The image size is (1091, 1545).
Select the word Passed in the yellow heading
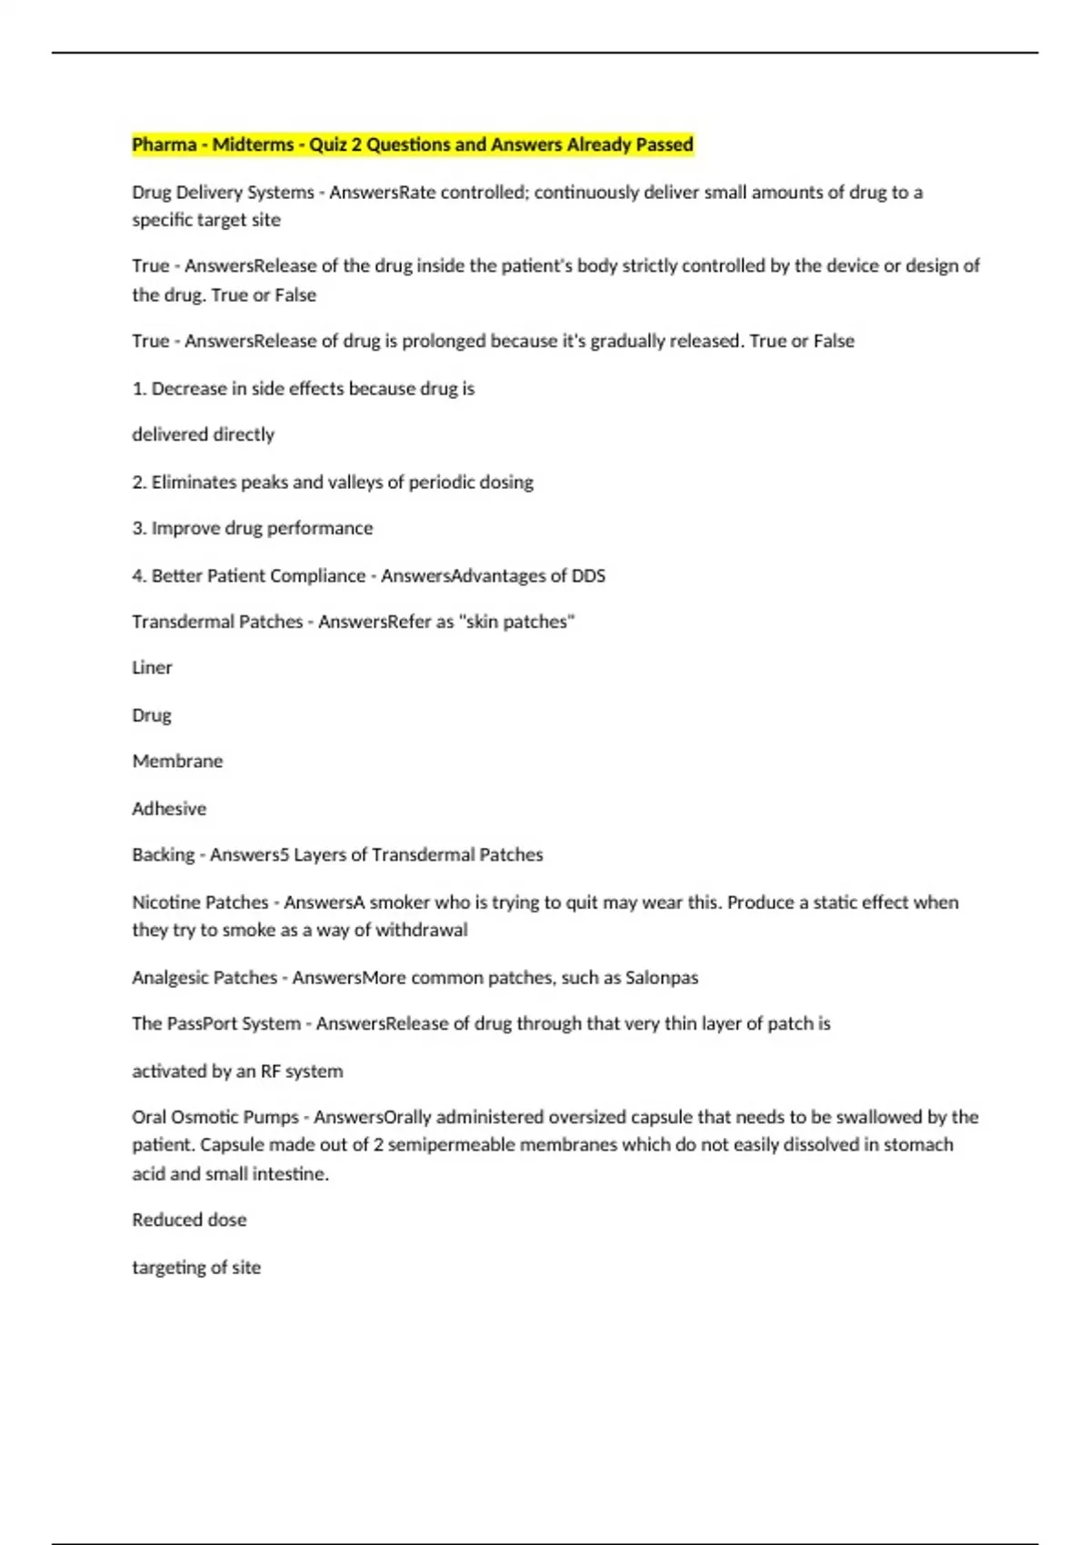(665, 145)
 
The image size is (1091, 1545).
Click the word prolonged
(444, 341)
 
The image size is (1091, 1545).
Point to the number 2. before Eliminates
(139, 483)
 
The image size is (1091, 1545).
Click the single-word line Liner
(152, 668)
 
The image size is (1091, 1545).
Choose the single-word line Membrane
(177, 762)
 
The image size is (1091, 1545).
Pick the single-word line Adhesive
(169, 809)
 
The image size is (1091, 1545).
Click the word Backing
(164, 855)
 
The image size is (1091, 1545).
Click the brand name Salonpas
(662, 978)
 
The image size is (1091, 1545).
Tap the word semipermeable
(445, 1145)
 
